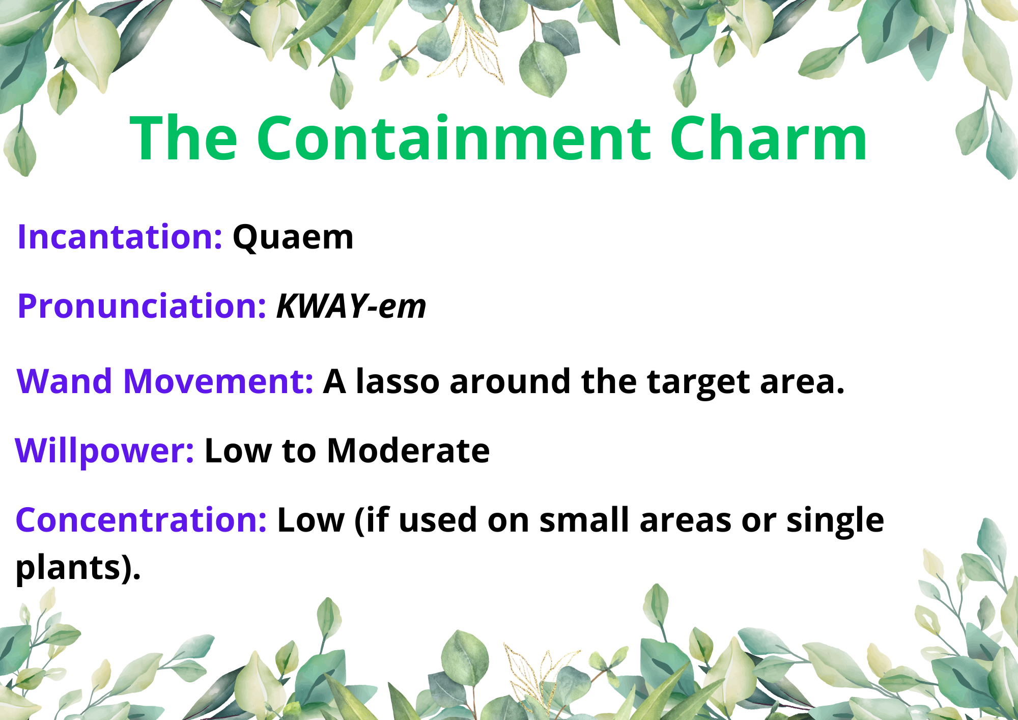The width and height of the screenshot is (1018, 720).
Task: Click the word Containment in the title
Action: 454,138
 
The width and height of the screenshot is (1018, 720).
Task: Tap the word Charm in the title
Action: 769,138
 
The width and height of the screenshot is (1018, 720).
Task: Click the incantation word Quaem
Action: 293,238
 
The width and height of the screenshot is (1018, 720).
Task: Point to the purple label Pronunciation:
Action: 142,307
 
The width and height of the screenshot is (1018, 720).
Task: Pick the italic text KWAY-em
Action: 351,307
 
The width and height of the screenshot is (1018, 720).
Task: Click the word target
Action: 698,383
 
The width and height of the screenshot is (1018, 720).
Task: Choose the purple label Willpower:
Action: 104,451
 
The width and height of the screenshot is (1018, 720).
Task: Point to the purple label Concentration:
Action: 141,520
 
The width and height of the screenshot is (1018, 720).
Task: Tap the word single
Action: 835,521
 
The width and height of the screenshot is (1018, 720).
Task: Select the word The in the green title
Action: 184,138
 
